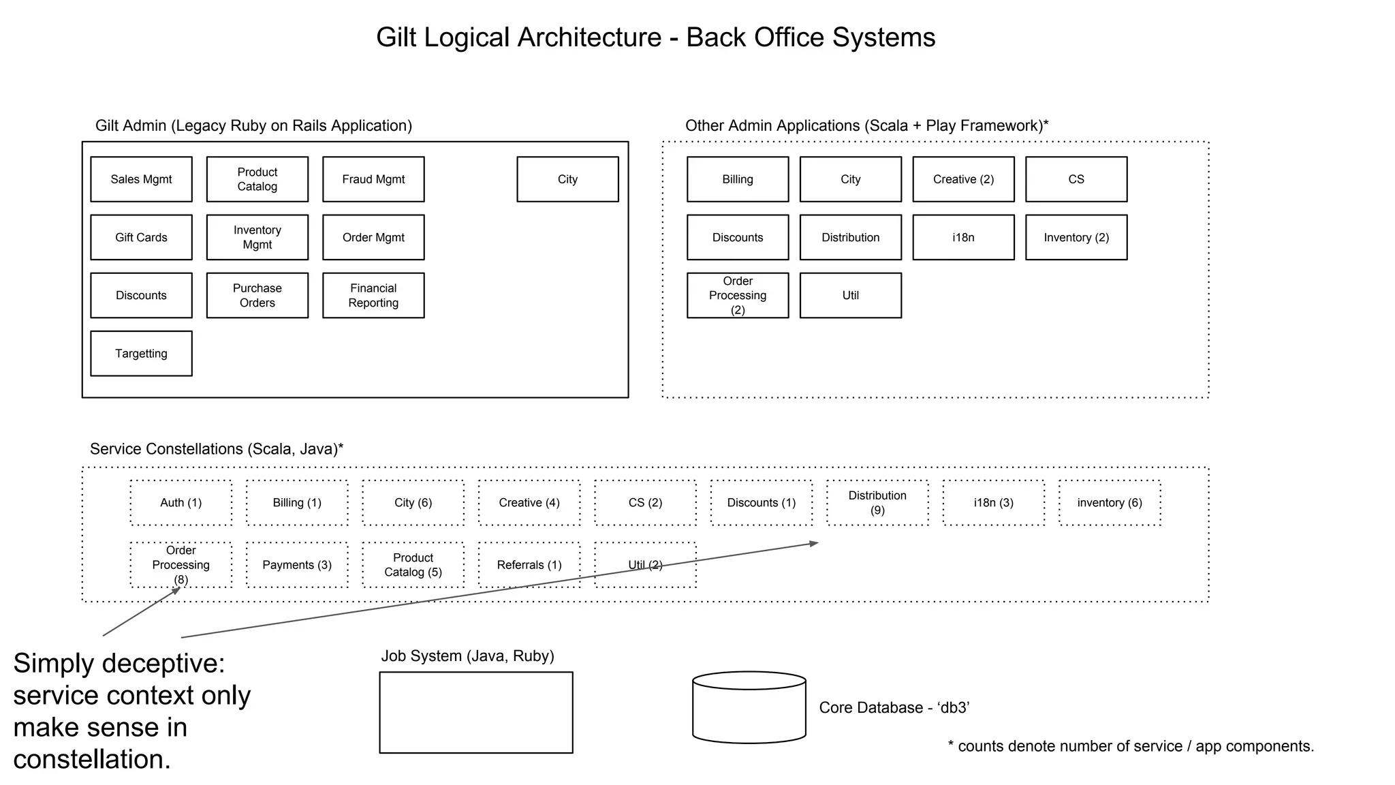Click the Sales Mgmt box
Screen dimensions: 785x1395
141,179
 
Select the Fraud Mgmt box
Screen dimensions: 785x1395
373,179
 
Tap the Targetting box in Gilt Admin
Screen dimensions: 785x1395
141,353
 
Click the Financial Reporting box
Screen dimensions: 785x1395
373,295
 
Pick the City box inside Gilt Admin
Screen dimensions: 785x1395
567,179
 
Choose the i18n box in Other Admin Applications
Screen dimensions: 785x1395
963,237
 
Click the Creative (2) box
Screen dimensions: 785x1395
963,179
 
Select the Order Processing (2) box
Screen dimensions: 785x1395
738,295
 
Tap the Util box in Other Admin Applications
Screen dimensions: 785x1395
850,295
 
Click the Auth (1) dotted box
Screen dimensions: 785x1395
181,503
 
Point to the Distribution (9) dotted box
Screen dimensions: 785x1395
877,503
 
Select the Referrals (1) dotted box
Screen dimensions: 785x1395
529,565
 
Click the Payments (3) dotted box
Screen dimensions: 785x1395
297,565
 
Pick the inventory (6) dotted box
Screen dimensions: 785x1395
1110,503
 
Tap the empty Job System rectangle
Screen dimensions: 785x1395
476,712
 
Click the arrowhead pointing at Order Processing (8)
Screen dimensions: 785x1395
176,590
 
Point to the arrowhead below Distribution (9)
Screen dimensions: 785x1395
813,543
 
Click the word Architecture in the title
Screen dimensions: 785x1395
589,37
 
